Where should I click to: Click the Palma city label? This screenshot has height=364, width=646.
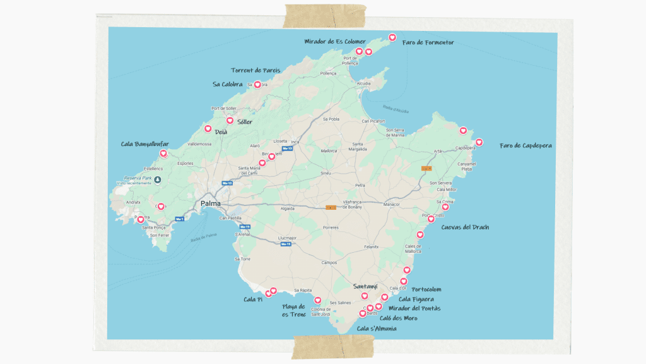pos(210,203)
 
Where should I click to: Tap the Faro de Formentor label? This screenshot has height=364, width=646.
pos(428,43)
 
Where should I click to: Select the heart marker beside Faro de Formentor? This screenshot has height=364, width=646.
pos(392,37)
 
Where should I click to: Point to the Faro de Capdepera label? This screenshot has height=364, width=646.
pos(526,145)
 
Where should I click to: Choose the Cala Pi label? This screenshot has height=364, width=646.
pos(252,300)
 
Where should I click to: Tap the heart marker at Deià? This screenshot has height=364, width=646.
pos(208,129)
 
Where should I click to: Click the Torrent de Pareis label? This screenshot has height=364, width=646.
pos(255,70)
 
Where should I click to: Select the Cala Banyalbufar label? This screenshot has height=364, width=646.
pos(145,144)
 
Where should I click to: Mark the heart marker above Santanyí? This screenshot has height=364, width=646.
pos(365,296)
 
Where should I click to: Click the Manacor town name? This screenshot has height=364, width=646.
pos(392,204)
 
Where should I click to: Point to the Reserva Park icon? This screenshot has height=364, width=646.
pos(158,179)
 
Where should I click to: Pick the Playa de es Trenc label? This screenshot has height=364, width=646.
pos(293,310)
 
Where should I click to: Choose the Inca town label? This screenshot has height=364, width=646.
pos(295,142)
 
